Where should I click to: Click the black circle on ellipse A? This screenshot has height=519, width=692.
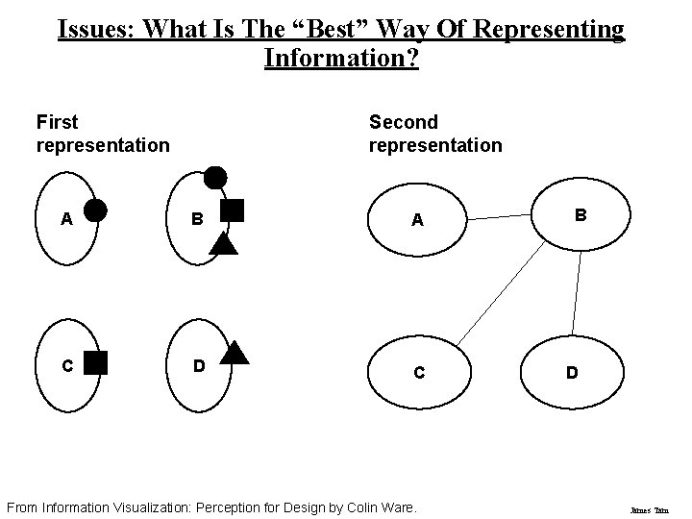(96, 210)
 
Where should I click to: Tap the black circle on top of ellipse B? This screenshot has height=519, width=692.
(215, 177)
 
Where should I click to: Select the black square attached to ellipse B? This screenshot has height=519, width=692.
(233, 210)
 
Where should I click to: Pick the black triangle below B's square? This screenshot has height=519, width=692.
(223, 241)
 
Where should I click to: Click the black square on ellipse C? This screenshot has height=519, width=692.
(95, 362)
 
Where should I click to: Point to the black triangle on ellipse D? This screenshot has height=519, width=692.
(235, 352)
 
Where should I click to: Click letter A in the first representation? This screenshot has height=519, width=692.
(66, 218)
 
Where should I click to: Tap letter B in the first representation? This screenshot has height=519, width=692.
(196, 218)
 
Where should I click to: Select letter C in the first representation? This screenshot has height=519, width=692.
(66, 365)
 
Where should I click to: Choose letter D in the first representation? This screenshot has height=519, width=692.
(197, 365)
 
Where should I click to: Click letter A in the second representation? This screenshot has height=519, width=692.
(417, 220)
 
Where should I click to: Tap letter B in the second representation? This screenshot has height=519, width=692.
(580, 215)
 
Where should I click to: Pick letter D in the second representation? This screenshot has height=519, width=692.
(572, 373)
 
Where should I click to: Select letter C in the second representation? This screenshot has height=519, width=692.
(419, 373)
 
